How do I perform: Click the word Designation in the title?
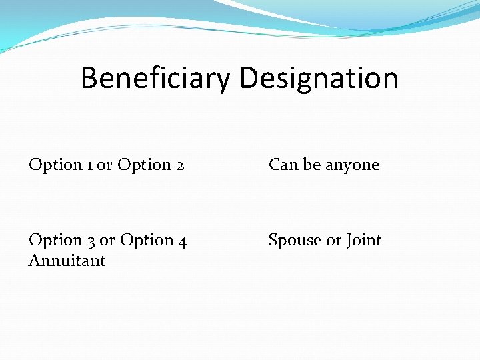(x=319, y=78)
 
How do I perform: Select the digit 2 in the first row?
(x=180, y=165)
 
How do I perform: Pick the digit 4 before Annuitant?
(x=182, y=240)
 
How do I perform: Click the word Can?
(x=283, y=165)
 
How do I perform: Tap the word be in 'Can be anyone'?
(x=312, y=165)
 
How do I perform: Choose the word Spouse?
(x=295, y=241)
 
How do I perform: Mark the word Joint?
(x=364, y=240)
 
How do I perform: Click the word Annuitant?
(x=67, y=261)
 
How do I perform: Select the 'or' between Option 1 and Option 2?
(x=105, y=165)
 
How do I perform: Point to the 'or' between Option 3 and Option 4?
(x=107, y=240)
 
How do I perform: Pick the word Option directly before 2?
(x=144, y=165)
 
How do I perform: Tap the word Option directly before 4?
(x=146, y=240)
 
